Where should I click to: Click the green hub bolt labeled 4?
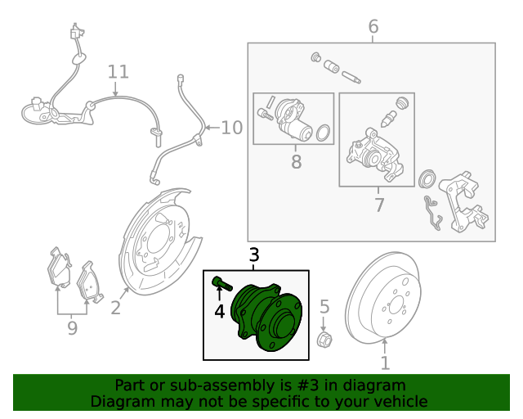click(x=221, y=285)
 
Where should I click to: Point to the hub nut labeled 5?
click(x=324, y=339)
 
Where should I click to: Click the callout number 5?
click(x=324, y=308)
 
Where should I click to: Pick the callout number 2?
click(x=116, y=308)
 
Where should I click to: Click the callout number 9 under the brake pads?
click(x=72, y=328)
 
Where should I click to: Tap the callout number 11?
click(x=118, y=72)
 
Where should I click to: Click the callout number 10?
click(x=232, y=128)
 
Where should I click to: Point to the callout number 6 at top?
click(x=373, y=27)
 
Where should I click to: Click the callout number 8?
click(x=296, y=162)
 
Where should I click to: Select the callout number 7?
click(x=379, y=205)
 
